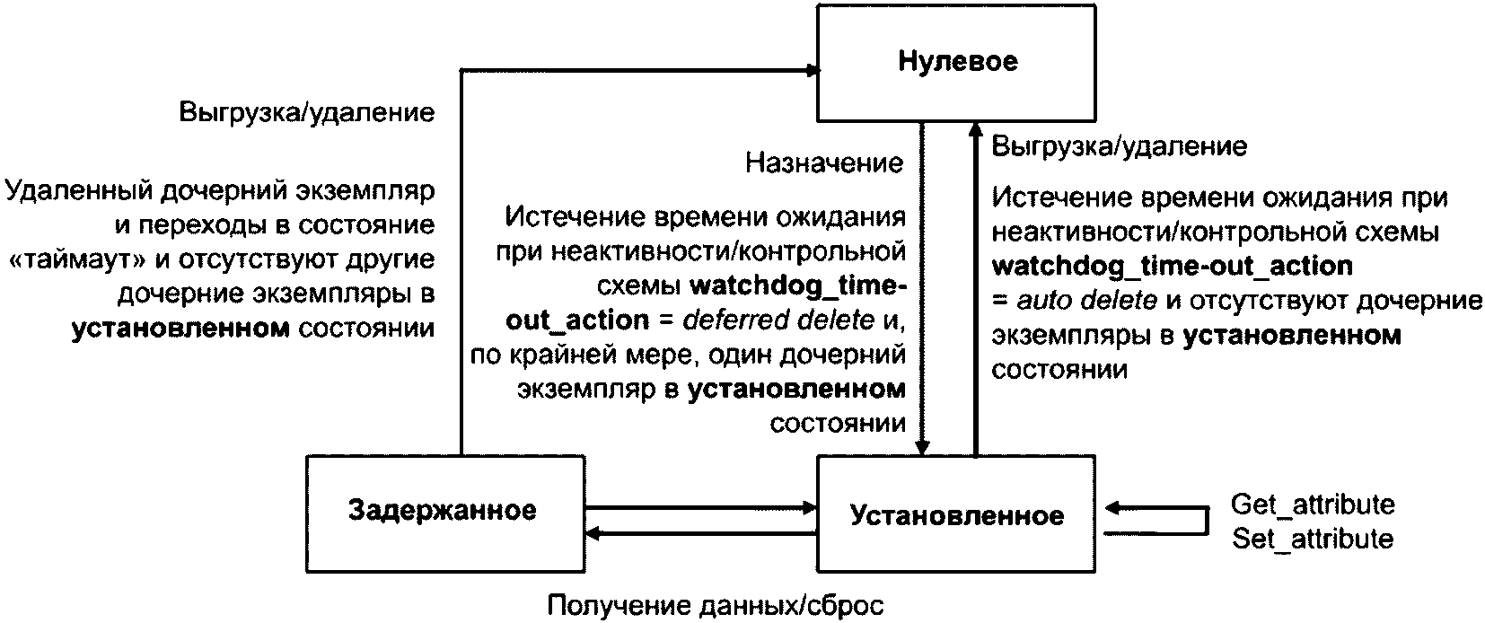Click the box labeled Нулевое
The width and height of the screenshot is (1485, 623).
point(956,62)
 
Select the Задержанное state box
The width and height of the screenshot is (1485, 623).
point(443,512)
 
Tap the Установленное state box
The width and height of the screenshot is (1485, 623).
point(956,515)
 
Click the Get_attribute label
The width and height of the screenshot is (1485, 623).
point(1312,504)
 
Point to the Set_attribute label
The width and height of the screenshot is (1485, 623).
point(1312,539)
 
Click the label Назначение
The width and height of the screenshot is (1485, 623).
point(824,162)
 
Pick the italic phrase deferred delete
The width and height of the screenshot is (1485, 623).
point(778,320)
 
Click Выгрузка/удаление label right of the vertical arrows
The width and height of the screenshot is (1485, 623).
point(1120,146)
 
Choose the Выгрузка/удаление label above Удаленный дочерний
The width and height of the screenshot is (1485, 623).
point(307,112)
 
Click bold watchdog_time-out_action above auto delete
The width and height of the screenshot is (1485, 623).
point(1172,267)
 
